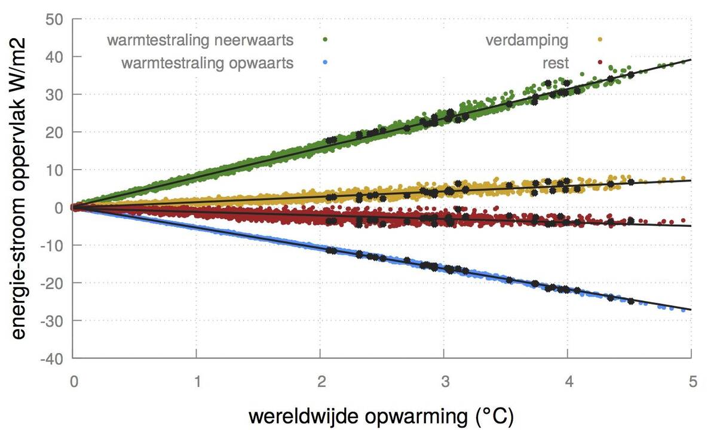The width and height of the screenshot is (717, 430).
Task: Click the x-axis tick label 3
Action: (443, 380)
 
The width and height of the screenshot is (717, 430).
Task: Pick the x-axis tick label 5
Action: (691, 380)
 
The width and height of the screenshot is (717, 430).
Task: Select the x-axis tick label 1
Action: (197, 380)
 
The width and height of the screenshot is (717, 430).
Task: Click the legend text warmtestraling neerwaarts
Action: (200, 41)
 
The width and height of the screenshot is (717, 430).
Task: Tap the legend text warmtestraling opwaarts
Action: (207, 63)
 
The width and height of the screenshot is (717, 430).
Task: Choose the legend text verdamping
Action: (526, 41)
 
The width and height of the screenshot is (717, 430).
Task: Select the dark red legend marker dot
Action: (599, 62)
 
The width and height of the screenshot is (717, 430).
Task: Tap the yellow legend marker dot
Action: (599, 39)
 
